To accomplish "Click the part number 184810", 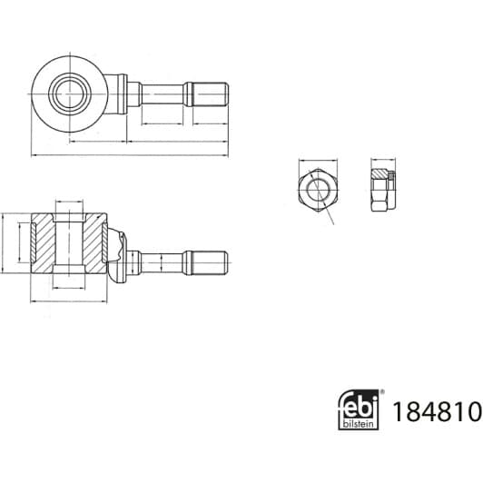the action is coord(437,411).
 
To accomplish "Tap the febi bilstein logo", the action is coord(359,409).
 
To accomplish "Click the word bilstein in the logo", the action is coord(359,424).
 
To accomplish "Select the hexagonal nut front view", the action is coord(318,190).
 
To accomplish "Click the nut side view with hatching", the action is coord(383,190).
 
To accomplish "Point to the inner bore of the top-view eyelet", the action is coord(70,94).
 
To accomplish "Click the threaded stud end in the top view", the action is coord(210,94).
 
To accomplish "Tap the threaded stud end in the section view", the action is coord(210,262).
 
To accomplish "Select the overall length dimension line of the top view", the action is coord(130,155).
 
